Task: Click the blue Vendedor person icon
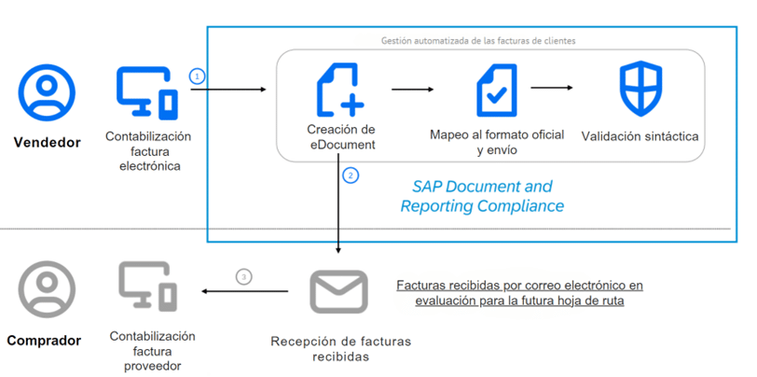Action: click(47, 92)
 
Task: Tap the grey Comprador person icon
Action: click(47, 289)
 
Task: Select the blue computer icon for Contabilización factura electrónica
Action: click(147, 92)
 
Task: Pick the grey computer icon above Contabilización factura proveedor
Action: click(147, 286)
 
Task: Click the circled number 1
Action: click(197, 76)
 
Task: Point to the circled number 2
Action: click(351, 175)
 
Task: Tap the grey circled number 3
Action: click(244, 277)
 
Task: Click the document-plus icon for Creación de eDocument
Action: click(340, 90)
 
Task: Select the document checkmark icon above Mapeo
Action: click(497, 91)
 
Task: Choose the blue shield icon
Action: click(640, 89)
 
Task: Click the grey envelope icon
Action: click(339, 291)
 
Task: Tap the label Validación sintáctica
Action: click(640, 137)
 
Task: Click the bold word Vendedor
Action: click(47, 143)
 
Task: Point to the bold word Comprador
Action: click(44, 341)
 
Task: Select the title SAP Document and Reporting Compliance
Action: click(482, 196)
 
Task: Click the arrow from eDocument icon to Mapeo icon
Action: click(413, 90)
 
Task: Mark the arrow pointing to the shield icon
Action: click(552, 88)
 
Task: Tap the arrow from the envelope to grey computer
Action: click(245, 291)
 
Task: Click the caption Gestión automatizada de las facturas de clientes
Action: click(478, 41)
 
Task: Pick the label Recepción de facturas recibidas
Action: click(341, 349)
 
